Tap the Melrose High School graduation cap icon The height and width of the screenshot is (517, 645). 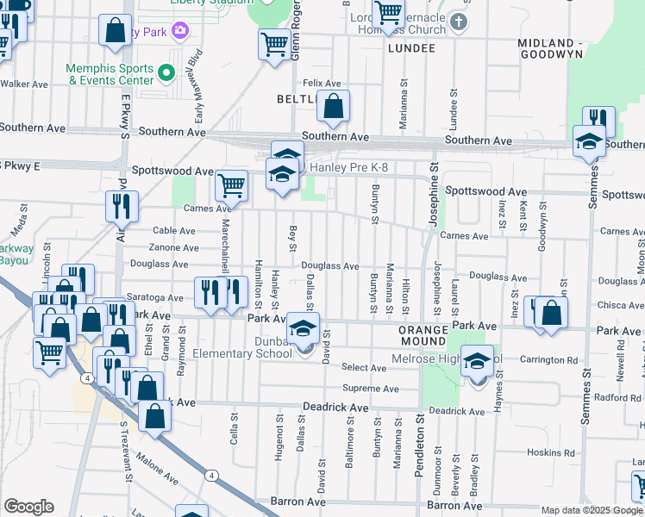click(476, 361)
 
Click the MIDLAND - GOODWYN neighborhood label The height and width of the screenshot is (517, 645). click(566, 48)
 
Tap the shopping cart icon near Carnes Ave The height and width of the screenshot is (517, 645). click(231, 184)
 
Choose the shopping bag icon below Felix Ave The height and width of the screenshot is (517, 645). click(334, 107)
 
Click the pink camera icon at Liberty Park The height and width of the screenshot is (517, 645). click(179, 32)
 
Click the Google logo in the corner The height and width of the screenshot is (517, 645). click(28, 507)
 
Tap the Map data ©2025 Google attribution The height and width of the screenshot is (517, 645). click(591, 510)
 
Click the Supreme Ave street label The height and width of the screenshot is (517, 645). click(370, 389)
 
